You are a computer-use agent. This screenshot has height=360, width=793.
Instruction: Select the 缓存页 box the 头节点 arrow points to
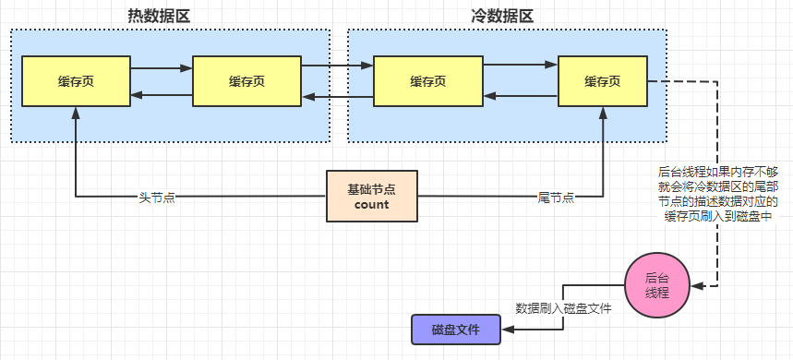pos(76,81)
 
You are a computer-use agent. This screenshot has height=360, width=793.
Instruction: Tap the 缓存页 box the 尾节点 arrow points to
pos(602,81)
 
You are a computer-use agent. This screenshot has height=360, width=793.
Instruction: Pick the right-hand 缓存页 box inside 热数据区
pos(246,81)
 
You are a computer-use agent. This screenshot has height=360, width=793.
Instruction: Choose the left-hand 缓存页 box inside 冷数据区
pos(427,81)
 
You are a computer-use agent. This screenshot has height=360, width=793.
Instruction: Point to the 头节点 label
pos(157,198)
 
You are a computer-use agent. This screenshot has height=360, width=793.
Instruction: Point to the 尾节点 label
pos(556,198)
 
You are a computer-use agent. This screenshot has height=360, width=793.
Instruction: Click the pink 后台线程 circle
pos(657,284)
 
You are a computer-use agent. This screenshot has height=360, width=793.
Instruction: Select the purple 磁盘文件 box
pos(455,329)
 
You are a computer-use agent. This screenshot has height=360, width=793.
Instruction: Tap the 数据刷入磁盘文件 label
pos(563,308)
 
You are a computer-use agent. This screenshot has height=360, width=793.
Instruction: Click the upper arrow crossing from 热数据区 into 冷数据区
pos(337,66)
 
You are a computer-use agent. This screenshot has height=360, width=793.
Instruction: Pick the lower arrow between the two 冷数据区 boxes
pos(520,96)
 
